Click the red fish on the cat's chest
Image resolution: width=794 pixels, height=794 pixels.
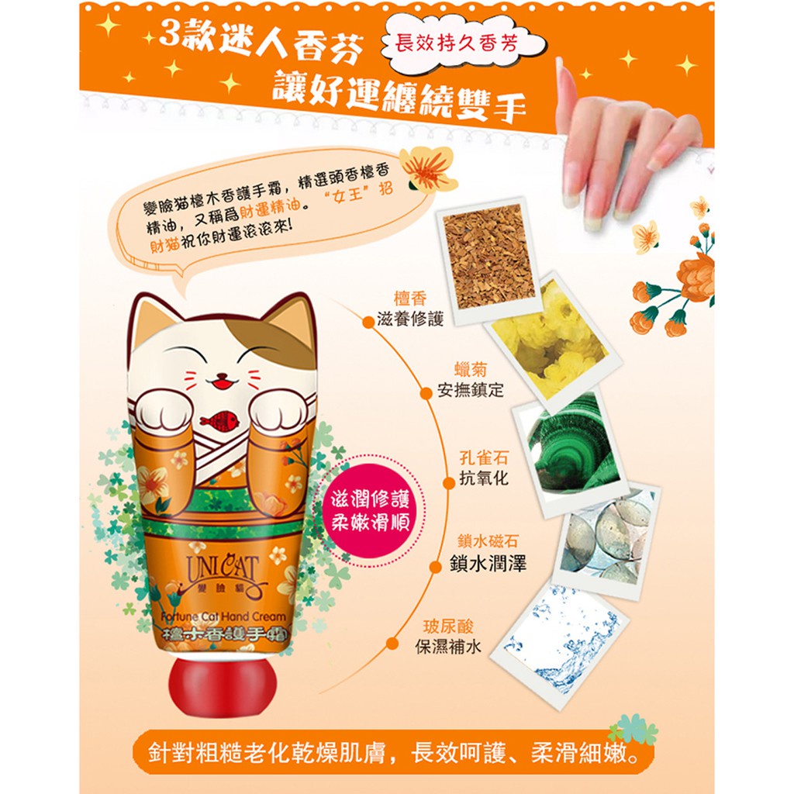[219, 420]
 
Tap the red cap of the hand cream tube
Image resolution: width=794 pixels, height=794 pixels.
[223, 684]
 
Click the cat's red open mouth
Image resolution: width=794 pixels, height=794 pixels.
[221, 383]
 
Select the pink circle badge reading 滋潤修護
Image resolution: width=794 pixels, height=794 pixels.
[370, 513]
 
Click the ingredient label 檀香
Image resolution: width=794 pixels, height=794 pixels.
[410, 299]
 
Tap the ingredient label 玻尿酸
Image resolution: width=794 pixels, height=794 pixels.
[448, 627]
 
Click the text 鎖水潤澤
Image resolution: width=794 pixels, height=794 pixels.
[488, 563]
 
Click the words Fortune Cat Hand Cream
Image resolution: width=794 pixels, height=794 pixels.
[223, 616]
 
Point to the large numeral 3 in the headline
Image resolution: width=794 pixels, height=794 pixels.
[170, 34]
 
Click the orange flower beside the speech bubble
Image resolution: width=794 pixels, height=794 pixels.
[428, 168]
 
